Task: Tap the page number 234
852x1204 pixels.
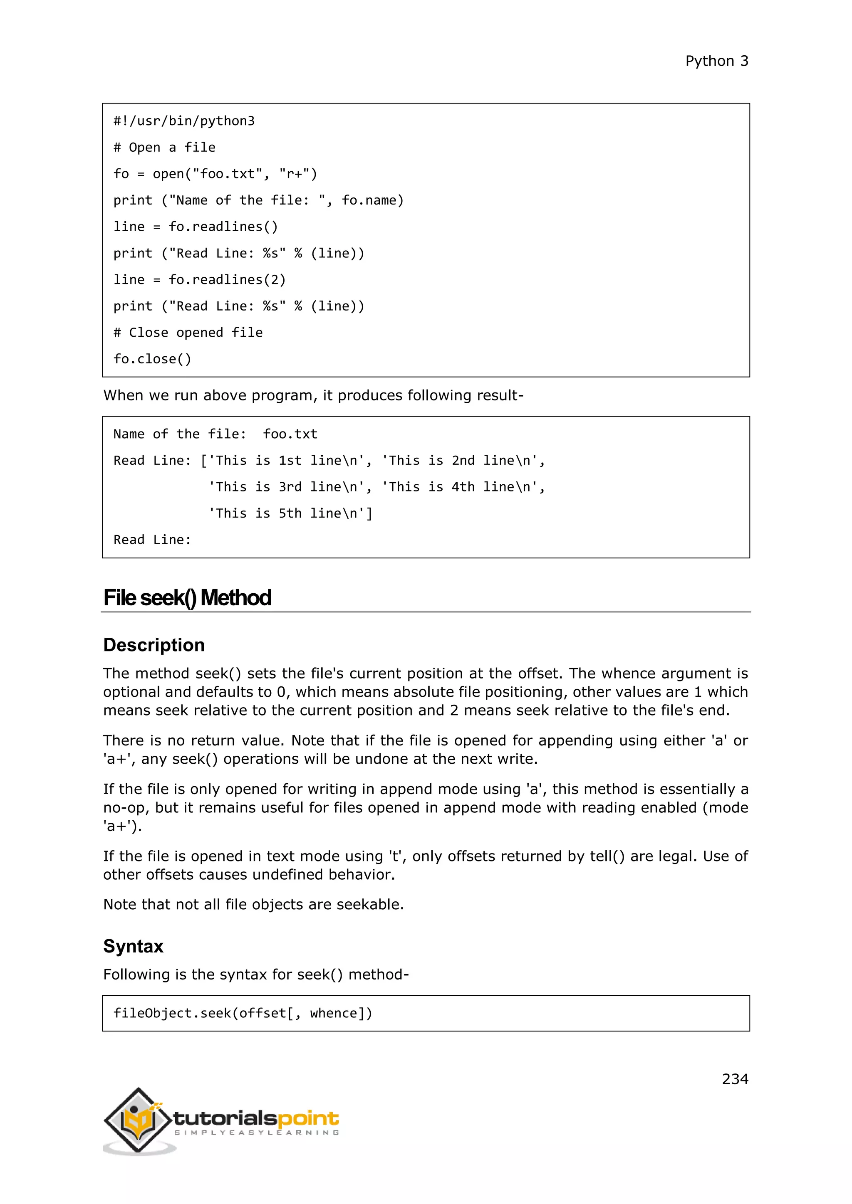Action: (735, 1079)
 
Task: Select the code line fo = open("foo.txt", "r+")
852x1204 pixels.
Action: (215, 174)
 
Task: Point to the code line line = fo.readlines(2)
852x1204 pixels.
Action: (199, 279)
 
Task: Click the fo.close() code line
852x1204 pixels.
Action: (152, 359)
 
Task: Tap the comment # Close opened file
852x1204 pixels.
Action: (188, 333)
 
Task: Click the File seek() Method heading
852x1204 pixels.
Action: (187, 598)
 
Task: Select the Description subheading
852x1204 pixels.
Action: (154, 645)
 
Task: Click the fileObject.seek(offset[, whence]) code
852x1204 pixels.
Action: (243, 1013)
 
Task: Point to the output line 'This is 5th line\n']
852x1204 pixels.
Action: (290, 513)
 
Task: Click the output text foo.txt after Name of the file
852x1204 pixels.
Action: (290, 434)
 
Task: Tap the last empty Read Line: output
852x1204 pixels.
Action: (152, 540)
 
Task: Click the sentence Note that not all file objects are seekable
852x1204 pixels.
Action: (253, 905)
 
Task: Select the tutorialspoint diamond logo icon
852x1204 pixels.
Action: (139, 1120)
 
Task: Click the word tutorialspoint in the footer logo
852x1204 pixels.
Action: (256, 1118)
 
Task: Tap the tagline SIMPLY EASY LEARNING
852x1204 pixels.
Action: (256, 1132)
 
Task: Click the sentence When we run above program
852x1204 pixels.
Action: (313, 395)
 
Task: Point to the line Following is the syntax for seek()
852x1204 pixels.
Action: (255, 975)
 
